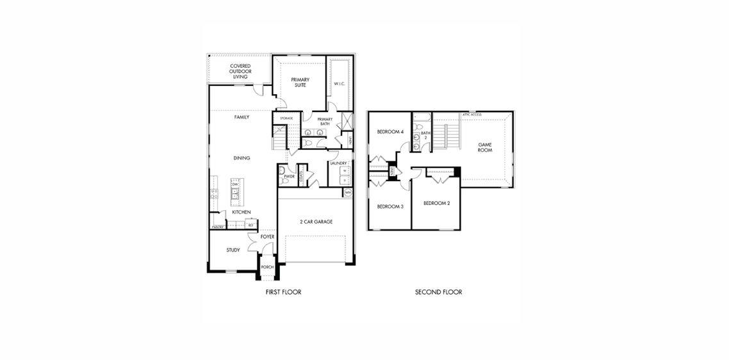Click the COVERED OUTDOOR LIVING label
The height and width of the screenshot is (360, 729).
coord(240,71)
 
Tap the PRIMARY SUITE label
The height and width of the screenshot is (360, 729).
coord(300,82)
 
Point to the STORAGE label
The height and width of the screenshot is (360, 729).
coord(286,119)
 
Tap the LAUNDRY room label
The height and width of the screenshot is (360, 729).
coord(338,163)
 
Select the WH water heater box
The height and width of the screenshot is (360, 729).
coord(348,192)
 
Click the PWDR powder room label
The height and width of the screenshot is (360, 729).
coord(289,176)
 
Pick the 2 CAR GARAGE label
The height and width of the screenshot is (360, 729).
coord(316,222)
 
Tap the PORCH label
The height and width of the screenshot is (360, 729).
coord(267,267)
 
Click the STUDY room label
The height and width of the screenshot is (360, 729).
coord(233,250)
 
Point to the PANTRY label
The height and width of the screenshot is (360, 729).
coord(218,227)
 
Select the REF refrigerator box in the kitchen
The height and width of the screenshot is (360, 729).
coord(250,225)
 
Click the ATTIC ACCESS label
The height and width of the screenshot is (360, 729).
coord(471,115)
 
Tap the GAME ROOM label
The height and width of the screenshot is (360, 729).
coord(485,147)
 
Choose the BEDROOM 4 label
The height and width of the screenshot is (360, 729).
coord(390,132)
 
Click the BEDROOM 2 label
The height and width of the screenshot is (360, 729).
coord(436,203)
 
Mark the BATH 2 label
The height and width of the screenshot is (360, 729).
coord(424,135)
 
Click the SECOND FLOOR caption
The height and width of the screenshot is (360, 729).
coord(438,292)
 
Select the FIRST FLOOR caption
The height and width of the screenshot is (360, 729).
coord(283,292)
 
